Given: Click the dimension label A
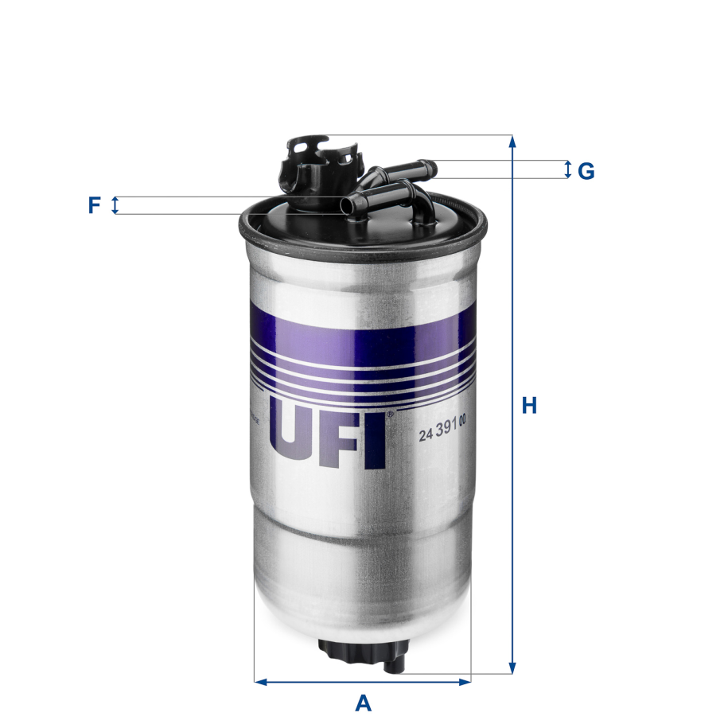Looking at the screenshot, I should (x=363, y=703).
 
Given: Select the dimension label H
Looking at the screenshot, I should (x=529, y=406).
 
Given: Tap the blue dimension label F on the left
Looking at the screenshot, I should (x=94, y=206).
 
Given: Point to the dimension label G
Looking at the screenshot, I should (x=586, y=171).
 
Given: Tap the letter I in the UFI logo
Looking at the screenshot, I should (x=376, y=440).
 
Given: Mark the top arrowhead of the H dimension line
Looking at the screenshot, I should (x=512, y=142).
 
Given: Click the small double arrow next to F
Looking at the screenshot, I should (x=115, y=205).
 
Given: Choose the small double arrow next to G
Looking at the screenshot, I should (x=567, y=169).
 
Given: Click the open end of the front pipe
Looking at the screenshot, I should (x=346, y=206).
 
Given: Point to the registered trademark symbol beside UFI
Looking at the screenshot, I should (x=390, y=415).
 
